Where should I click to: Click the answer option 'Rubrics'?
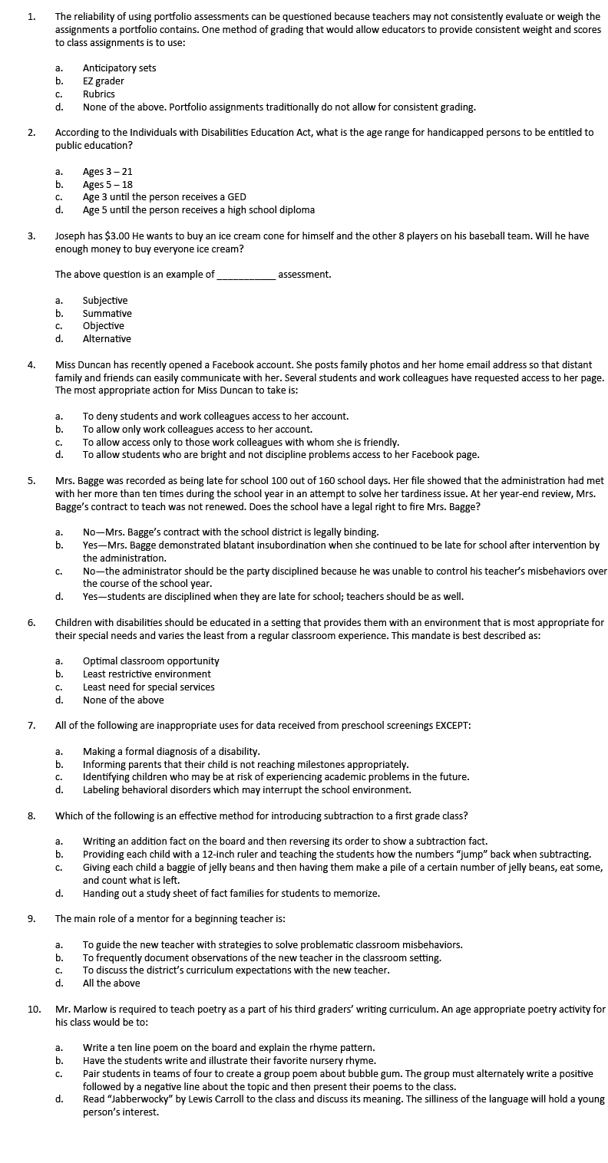tap(98, 94)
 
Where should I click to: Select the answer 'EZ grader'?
tap(103, 81)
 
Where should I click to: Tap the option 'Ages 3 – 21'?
tap(107, 172)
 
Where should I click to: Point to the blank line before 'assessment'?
tap(246, 275)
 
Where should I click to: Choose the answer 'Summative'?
tap(107, 313)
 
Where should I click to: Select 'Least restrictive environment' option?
tap(147, 674)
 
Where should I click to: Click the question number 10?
tap(34, 1010)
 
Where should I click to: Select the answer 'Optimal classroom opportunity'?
tap(150, 661)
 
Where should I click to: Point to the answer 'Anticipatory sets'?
tap(119, 68)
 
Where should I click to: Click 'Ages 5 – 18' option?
tap(107, 185)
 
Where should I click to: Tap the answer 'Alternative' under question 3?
tap(107, 339)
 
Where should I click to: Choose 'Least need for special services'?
tap(148, 687)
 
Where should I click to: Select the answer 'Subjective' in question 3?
tap(105, 301)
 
